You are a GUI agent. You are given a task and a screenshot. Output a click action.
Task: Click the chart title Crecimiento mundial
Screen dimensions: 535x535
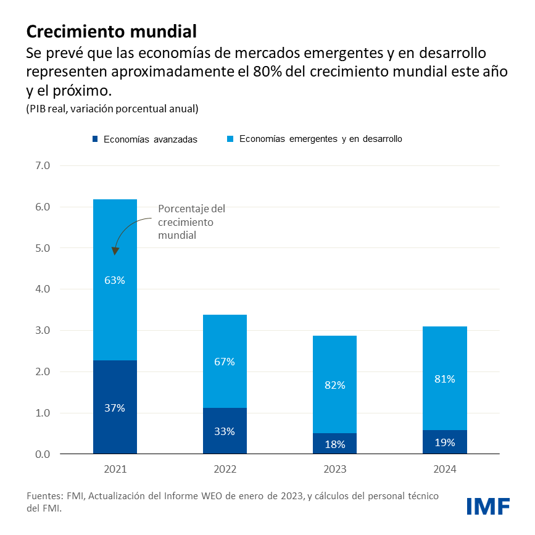click(x=111, y=31)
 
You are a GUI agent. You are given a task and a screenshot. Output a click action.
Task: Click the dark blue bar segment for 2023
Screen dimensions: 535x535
click(x=334, y=443)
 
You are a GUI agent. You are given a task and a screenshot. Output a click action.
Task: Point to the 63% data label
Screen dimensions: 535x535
click(x=115, y=280)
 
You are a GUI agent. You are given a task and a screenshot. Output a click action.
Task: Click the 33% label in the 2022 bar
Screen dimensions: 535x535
click(x=225, y=431)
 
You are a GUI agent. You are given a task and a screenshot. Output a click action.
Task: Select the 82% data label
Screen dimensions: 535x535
click(x=334, y=385)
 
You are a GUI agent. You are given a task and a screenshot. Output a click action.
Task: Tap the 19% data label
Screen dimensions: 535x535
click(x=444, y=442)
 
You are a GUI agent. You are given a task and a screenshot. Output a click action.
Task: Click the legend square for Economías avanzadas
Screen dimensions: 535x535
click(x=94, y=139)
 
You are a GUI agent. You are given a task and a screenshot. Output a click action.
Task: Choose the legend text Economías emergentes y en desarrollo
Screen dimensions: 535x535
click(x=320, y=139)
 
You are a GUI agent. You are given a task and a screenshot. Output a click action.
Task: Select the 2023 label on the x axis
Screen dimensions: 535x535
click(x=334, y=470)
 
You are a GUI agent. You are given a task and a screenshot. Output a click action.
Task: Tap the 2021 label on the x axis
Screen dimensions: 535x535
click(x=115, y=470)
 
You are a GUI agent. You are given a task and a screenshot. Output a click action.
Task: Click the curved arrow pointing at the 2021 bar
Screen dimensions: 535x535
click(x=126, y=231)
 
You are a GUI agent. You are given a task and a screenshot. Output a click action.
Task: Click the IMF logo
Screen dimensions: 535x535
click(x=487, y=505)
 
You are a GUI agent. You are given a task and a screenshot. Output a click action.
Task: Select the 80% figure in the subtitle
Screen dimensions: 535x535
click(x=266, y=71)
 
